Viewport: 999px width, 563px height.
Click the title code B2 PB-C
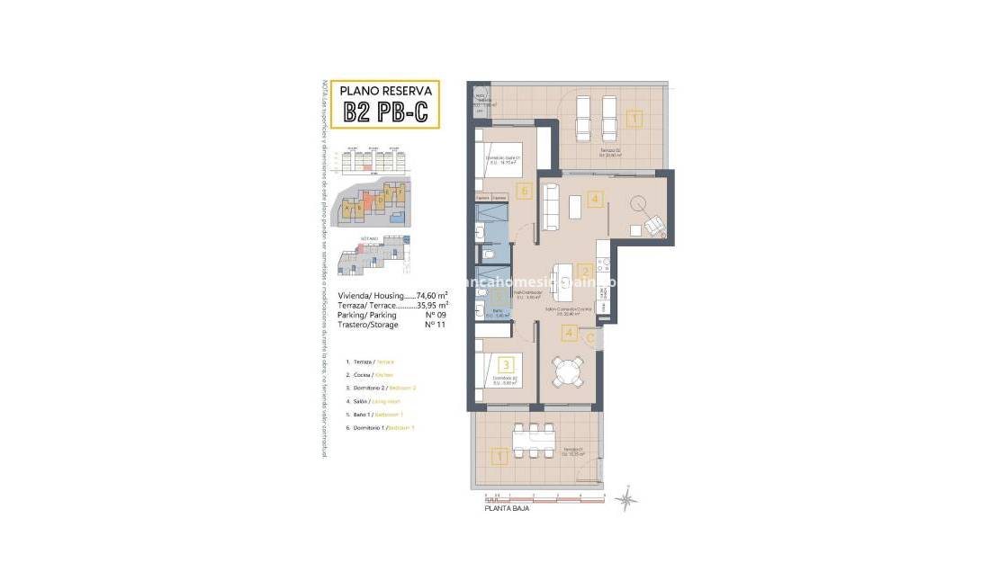(385, 112)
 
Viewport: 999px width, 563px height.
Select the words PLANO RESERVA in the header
(385, 90)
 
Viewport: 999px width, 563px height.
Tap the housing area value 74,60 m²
(431, 295)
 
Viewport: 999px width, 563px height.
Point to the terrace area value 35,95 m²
(431, 305)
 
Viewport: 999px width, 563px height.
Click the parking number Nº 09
(435, 315)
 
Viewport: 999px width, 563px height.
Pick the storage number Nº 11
(435, 325)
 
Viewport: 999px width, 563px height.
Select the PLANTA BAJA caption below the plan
(507, 508)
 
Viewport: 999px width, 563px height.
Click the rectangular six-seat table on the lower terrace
(532, 440)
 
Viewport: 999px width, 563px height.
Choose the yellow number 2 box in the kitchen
(584, 271)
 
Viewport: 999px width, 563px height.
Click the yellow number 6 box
(524, 191)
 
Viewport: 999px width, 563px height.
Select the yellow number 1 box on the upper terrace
(634, 118)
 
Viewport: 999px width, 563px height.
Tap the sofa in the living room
(550, 206)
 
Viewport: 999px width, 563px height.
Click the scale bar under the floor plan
(544, 496)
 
